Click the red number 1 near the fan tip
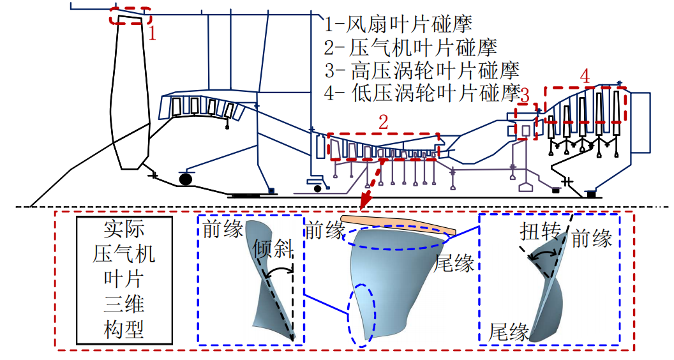pos(152,33)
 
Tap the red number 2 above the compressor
pos(383,122)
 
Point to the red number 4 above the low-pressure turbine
pos(585,77)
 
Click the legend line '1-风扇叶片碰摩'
pos(398,24)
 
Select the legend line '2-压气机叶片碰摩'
pos(410,47)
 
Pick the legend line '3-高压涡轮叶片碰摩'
pos(422,71)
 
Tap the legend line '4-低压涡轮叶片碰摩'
pos(422,93)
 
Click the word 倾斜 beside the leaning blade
pos(273,248)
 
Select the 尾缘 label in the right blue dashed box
pos(509,332)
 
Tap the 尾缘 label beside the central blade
pos(454,263)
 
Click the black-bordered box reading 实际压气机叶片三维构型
pos(124,280)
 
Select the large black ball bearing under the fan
pos(185,178)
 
